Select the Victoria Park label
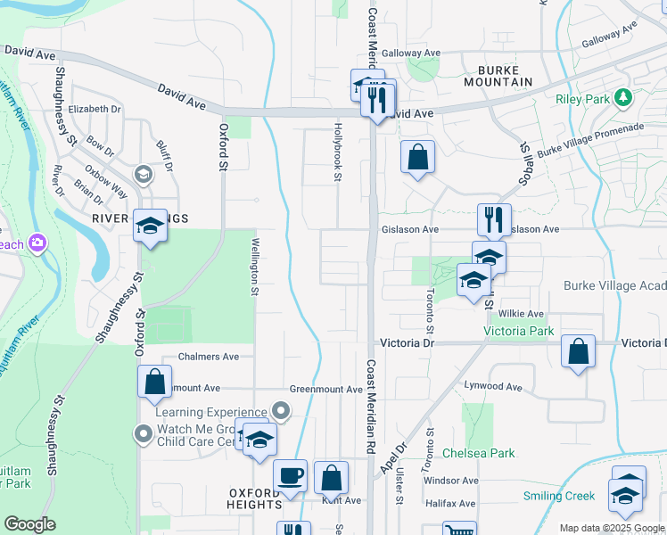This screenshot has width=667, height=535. click(518, 331)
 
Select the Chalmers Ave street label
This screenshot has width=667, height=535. click(209, 357)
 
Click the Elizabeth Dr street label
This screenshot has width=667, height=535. click(94, 109)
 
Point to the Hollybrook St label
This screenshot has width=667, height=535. click(338, 152)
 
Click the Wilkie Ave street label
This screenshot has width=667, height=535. click(522, 314)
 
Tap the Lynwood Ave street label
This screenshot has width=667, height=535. click(492, 387)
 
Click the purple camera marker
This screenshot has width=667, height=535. click(37, 243)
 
